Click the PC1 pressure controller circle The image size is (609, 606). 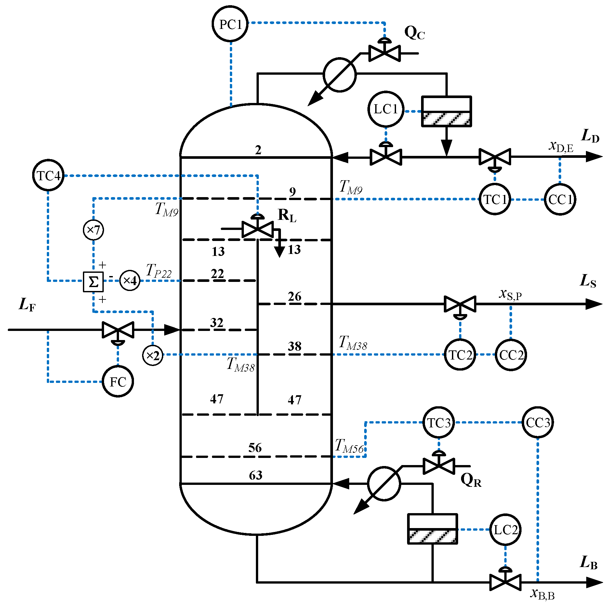230,24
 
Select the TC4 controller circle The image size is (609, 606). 48,175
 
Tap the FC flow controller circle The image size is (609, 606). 118,381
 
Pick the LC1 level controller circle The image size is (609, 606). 386,109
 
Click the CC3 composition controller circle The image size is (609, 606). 538,423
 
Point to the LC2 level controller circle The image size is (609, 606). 505,530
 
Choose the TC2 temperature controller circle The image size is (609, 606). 460,355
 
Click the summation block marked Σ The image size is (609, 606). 93,282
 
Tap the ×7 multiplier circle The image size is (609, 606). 93,230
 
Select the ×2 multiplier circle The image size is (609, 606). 152,355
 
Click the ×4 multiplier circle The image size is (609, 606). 130,280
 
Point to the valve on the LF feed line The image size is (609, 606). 118,330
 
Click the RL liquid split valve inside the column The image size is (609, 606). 258,229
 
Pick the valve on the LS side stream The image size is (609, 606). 460,304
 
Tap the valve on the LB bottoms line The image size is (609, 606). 505,582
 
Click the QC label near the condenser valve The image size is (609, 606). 414,33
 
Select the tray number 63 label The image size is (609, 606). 256,475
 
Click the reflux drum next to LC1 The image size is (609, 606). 446,111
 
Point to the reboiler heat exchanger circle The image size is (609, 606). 384,484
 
